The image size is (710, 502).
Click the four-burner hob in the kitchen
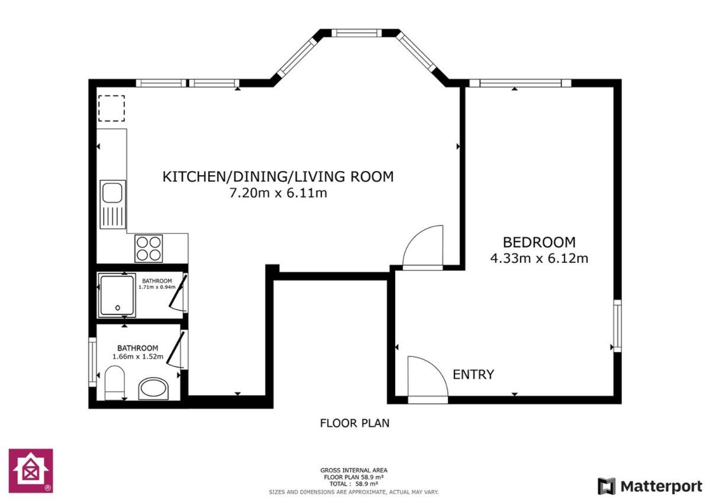(x=149, y=248)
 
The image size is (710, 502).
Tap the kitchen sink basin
(x=112, y=192)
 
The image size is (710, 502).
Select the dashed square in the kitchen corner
(x=111, y=108)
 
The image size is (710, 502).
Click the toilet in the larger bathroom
(x=114, y=382)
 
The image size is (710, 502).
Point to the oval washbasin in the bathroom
(x=153, y=388)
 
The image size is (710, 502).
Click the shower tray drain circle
(x=118, y=307)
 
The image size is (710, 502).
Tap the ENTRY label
(x=473, y=375)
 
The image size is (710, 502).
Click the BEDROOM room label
(x=539, y=242)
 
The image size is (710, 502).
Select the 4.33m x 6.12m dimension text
(x=539, y=259)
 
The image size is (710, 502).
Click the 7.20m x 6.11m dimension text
(x=278, y=193)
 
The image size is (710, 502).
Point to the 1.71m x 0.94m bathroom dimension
(x=157, y=287)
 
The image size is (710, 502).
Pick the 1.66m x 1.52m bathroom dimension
(x=138, y=356)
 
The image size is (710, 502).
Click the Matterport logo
(x=650, y=486)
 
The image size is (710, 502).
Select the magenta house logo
(x=31, y=471)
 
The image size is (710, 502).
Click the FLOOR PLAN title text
(x=354, y=423)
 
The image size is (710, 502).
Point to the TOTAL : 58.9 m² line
(x=354, y=484)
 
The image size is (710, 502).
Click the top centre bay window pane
(x=357, y=33)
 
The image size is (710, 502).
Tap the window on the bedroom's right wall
(x=617, y=326)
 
